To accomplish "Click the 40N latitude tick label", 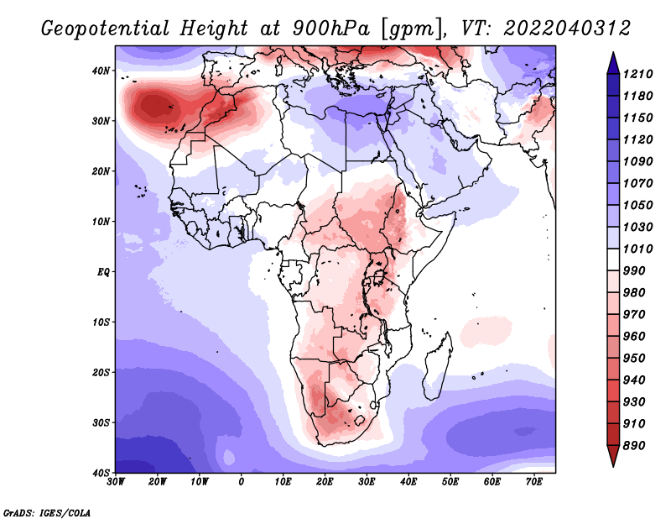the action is coord(101,71).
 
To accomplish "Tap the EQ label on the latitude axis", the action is coord(103,272).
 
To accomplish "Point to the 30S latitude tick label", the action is coord(101,423).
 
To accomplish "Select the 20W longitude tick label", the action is coord(158,482).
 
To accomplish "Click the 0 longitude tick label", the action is coord(242,482).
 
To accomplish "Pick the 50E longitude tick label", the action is coord(450,482).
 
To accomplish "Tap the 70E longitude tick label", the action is coord(533,482).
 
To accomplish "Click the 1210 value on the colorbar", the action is coord(637,74).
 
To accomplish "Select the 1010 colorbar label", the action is coord(637,249).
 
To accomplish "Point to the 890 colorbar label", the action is coord(634,446).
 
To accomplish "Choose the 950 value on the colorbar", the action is coord(634,359).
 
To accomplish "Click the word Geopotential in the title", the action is coord(106,29).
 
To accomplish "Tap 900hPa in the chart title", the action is coord(330,29).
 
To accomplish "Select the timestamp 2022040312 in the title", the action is coord(567,29).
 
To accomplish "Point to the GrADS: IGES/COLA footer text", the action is coord(47,512).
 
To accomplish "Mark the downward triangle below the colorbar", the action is coord(613,456).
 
